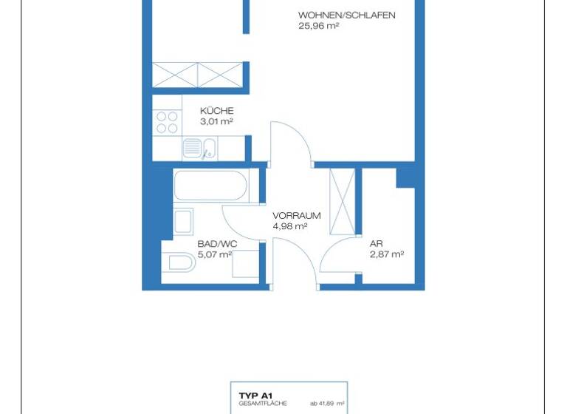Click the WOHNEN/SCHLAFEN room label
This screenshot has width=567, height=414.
pyautogui.click(x=346, y=15)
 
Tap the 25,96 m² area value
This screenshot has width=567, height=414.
pyautogui.click(x=318, y=26)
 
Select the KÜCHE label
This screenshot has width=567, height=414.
pyautogui.click(x=216, y=111)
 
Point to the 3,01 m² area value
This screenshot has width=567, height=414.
pyautogui.click(x=216, y=121)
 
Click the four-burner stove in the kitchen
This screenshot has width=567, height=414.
pyautogui.click(x=168, y=122)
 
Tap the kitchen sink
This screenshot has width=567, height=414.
pyautogui.click(x=199, y=148)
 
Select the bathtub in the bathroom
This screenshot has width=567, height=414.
pyautogui.click(x=210, y=185)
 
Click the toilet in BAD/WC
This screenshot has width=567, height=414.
pyautogui.click(x=180, y=261)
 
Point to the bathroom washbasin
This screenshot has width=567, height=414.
pyautogui.click(x=183, y=221)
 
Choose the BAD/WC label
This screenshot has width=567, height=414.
pyautogui.click(x=216, y=243)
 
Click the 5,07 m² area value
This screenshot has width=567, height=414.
pyautogui.click(x=215, y=254)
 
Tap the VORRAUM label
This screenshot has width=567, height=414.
pyautogui.click(x=296, y=216)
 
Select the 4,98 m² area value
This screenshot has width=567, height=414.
pyautogui.click(x=289, y=227)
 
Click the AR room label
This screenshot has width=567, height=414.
pyautogui.click(x=376, y=243)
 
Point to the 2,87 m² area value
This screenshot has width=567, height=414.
pyautogui.click(x=386, y=254)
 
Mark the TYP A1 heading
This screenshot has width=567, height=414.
pyautogui.click(x=255, y=396)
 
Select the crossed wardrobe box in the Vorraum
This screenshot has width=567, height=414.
pyautogui.click(x=342, y=200)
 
